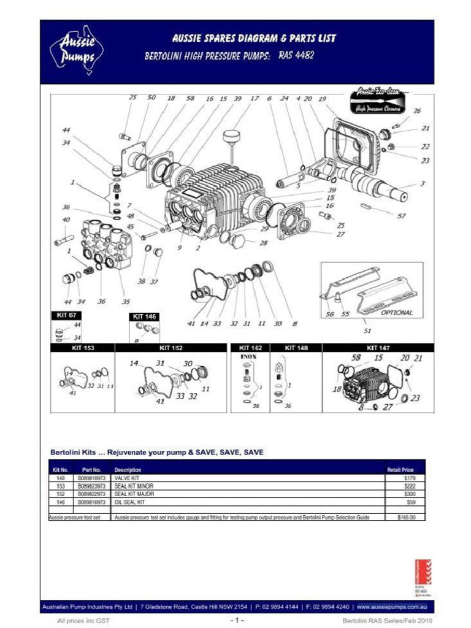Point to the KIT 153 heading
tap(82, 348)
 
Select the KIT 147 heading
tap(378, 348)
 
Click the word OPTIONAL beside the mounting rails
tap(397, 312)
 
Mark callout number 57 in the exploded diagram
tap(402, 216)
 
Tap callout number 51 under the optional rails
tap(367, 331)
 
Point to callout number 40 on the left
tap(66, 220)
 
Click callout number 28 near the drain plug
tap(263, 243)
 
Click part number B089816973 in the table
tap(91, 502)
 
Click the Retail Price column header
tap(400, 470)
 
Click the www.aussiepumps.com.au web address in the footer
tap(391, 607)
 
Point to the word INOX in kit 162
tap(248, 356)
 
